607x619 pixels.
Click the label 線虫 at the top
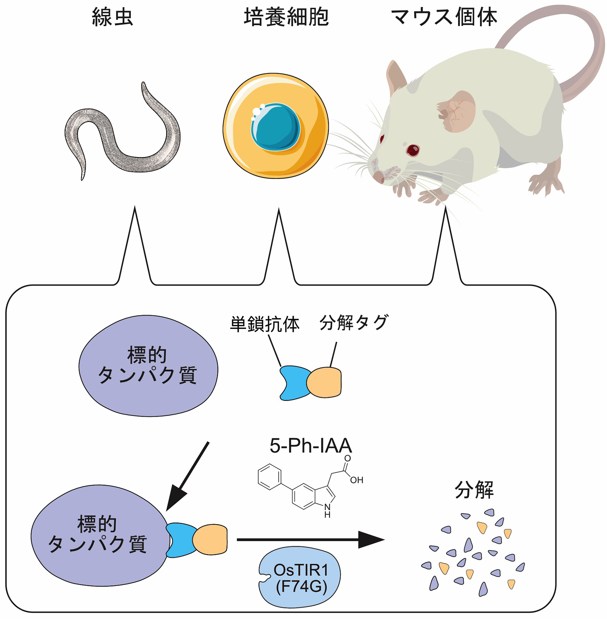(112, 17)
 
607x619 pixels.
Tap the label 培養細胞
(286, 17)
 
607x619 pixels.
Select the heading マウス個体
(444, 17)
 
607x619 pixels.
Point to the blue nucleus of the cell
(276, 126)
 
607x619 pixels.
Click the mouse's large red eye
(412, 150)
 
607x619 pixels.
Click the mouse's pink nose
(378, 176)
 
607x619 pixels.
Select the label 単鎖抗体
(265, 324)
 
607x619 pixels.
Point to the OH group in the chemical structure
(356, 480)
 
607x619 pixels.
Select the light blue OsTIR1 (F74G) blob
(300, 577)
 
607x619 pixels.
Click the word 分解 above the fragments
(474, 490)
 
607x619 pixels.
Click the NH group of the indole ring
(327, 511)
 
